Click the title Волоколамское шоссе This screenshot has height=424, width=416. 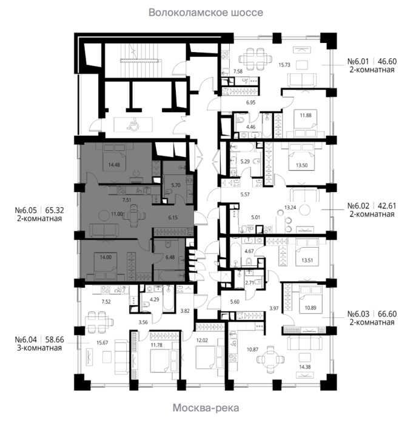[x=206, y=13]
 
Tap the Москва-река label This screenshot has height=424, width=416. [x=206, y=408]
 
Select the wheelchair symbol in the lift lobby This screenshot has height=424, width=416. [x=133, y=125]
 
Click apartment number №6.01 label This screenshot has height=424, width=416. [x=358, y=61]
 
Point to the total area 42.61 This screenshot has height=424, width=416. [x=387, y=206]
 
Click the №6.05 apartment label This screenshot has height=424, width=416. [x=25, y=210]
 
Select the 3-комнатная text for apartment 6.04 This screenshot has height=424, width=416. [x=39, y=348]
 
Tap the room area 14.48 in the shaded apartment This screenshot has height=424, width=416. [x=114, y=164]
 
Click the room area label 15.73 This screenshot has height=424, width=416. [x=284, y=65]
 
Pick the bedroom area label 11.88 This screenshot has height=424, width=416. [x=306, y=115]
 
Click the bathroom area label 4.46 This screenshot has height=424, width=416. [x=250, y=127]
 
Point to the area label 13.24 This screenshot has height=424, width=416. [x=290, y=207]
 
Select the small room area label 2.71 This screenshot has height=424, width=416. [x=250, y=283]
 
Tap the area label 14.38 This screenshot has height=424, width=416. [x=305, y=367]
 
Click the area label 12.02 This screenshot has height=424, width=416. [x=202, y=340]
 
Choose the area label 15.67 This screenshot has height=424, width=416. [x=102, y=343]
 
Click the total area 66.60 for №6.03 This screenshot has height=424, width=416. [x=387, y=314]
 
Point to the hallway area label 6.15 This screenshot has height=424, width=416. [x=173, y=217]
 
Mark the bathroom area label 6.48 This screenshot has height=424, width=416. [x=170, y=257]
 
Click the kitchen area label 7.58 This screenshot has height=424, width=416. [x=238, y=71]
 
